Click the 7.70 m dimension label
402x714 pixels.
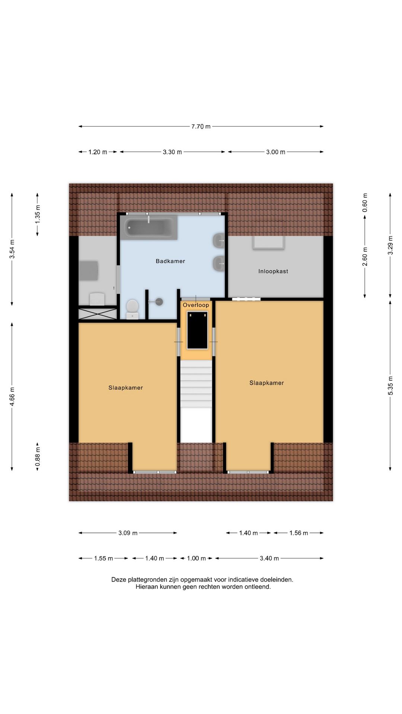201,126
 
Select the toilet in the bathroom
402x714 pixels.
132,309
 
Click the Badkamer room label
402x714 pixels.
170,261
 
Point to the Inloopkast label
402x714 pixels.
273,271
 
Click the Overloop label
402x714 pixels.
196,305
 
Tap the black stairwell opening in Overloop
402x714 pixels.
197,330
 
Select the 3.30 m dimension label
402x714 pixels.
172,152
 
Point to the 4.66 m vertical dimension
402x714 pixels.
12,397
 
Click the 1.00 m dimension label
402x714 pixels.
196,558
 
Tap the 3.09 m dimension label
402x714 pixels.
128,533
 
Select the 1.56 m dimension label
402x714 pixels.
299,533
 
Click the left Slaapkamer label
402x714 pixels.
125,387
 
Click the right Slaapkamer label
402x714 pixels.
267,383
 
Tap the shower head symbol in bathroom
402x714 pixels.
159,302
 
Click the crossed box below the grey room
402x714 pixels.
98,313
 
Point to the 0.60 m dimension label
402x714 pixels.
365,203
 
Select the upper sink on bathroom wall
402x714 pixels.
219,241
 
